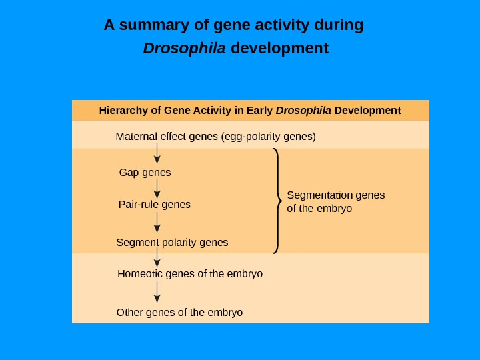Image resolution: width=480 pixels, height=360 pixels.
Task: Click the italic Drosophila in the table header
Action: (x=303, y=110)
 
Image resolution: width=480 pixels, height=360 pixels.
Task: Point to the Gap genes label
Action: (x=145, y=173)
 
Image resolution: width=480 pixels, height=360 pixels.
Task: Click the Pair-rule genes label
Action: (x=154, y=204)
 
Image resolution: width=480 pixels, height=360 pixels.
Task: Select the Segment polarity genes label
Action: (x=172, y=242)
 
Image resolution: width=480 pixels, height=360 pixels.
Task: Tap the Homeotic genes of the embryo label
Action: (x=189, y=273)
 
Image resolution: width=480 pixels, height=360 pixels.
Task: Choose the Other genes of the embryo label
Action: (x=179, y=312)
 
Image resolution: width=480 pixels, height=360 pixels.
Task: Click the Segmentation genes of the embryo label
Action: (x=335, y=201)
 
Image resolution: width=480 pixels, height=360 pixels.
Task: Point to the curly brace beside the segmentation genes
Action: (x=277, y=201)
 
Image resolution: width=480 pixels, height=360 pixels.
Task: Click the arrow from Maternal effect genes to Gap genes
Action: (x=157, y=153)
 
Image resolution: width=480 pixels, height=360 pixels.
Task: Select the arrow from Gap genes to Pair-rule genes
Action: (x=157, y=189)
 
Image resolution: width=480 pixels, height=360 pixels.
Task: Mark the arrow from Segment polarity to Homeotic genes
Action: (x=157, y=257)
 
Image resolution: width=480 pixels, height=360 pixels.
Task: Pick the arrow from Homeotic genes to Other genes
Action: (x=157, y=292)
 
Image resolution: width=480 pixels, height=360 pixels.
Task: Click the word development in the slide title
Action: (x=279, y=49)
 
